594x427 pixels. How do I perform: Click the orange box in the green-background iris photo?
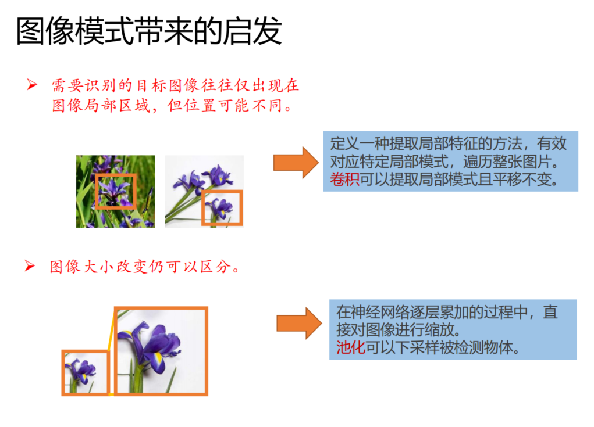pyautogui.click(x=115, y=191)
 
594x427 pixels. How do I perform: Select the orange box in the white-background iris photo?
pyautogui.click(x=222, y=207)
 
